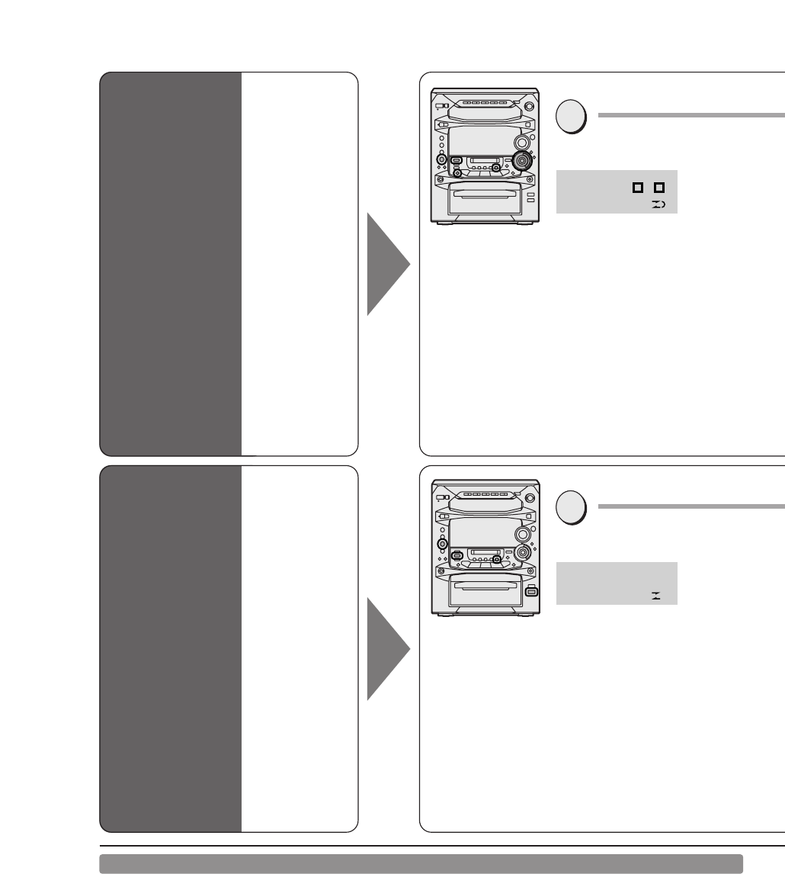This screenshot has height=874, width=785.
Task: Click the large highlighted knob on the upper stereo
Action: tap(522, 161)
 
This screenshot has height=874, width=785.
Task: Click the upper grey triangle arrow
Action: tap(389, 264)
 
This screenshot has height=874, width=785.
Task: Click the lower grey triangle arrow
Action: tap(389, 649)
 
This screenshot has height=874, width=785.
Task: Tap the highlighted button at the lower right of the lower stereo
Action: tap(531, 590)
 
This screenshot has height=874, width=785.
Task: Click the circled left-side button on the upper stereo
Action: tap(441, 159)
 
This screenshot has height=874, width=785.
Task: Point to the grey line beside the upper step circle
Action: tap(690, 116)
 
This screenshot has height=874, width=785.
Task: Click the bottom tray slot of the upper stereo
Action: tap(485, 194)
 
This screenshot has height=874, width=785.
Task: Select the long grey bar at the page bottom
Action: tap(421, 863)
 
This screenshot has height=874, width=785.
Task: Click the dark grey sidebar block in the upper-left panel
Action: tap(171, 264)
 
